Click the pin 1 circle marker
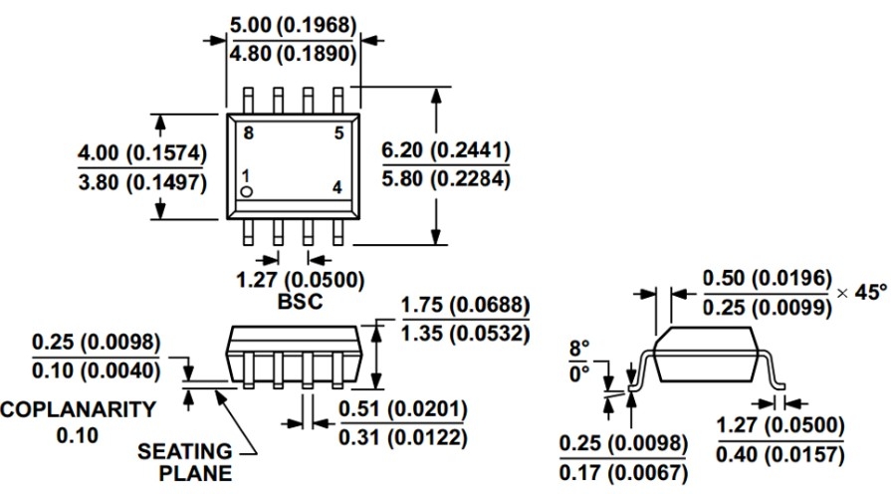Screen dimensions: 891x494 (x=246, y=192)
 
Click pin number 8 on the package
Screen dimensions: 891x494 (x=248, y=133)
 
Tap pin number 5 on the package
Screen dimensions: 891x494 (x=338, y=133)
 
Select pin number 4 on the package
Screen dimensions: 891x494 (x=337, y=187)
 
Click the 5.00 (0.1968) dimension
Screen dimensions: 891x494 (x=293, y=25)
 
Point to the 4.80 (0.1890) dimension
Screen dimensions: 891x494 (x=293, y=54)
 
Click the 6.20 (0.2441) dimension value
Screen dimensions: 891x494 (x=446, y=150)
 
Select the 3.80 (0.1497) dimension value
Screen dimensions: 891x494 (x=142, y=182)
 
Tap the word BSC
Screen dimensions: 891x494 (x=300, y=302)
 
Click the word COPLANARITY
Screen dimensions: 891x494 (x=78, y=409)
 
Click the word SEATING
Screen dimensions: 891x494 (x=185, y=451)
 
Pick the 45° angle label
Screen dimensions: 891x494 (x=870, y=292)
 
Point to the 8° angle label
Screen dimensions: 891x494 (x=579, y=348)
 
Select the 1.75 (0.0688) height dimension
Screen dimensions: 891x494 (x=465, y=305)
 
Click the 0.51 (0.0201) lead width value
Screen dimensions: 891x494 (x=403, y=409)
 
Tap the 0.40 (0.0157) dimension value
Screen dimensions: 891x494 (x=780, y=455)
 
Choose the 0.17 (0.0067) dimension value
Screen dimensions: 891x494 (x=623, y=473)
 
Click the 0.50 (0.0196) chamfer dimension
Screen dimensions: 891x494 (x=768, y=279)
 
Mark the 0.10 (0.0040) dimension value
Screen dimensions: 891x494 (x=96, y=371)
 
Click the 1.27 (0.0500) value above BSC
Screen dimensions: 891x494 (x=300, y=280)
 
